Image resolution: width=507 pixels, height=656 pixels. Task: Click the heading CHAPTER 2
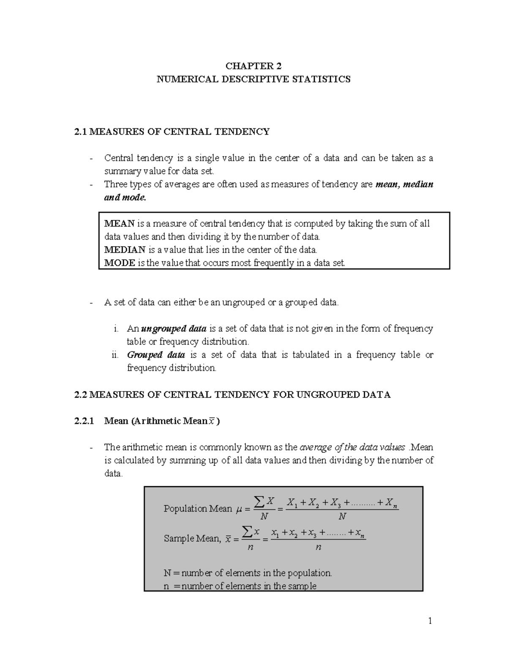coord(253,66)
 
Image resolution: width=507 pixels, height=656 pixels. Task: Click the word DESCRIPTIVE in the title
coord(253,79)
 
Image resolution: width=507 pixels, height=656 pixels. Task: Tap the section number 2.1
coord(80,132)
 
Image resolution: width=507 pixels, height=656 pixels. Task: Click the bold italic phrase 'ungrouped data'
coord(174,329)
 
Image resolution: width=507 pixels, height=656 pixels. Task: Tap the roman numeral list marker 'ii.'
coord(115,355)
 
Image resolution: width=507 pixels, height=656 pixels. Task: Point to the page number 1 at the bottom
coord(430,621)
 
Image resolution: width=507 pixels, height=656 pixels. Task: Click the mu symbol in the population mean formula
coord(239,509)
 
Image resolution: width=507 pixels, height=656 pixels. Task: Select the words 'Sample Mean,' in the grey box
coord(192,539)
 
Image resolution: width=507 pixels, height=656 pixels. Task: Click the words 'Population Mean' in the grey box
coord(198,509)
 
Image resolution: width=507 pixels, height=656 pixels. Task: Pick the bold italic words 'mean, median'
coord(404,184)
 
